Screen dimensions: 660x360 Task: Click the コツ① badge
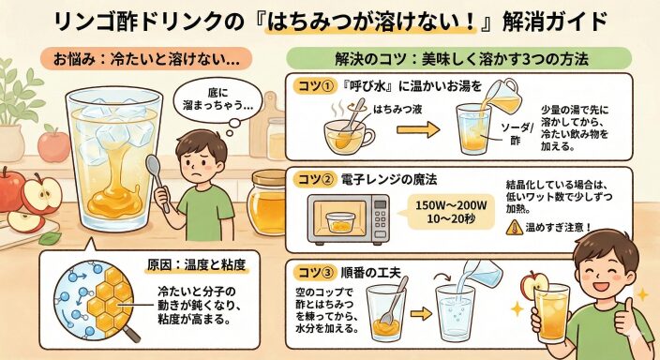(x=315, y=87)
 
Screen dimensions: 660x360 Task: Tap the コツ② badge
(x=315, y=180)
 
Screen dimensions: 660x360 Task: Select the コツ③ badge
(x=315, y=273)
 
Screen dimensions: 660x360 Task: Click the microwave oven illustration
(x=349, y=219)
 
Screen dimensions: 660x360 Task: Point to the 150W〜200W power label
(x=451, y=205)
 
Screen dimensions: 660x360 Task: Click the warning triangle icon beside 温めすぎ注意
(x=515, y=228)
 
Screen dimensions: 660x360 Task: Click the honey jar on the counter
(x=267, y=202)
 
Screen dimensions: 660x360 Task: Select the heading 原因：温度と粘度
(x=196, y=264)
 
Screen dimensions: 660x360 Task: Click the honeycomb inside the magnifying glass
(x=111, y=300)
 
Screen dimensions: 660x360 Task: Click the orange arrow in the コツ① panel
(x=418, y=129)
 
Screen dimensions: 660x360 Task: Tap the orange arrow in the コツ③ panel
(x=421, y=314)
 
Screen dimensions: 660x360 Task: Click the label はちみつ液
(x=397, y=110)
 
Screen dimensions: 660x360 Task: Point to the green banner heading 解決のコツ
(x=459, y=59)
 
